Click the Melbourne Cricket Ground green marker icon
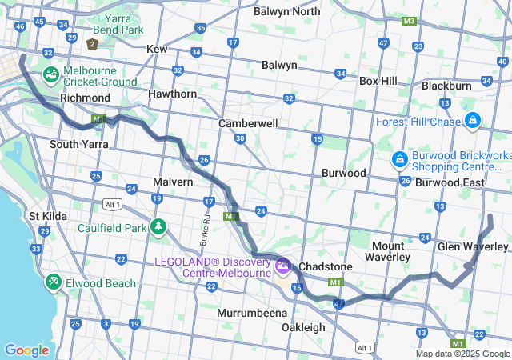(51, 74)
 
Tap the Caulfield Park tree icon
(158, 227)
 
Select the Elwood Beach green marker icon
(54, 282)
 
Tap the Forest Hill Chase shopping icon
(474, 122)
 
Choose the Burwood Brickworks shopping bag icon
(399, 160)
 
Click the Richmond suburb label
(85, 98)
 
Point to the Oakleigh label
(303, 327)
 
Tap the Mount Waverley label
(388, 251)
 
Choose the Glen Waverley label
(473, 246)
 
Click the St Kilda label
(46, 216)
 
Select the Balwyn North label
(286, 11)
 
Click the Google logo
(26, 350)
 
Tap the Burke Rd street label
(206, 230)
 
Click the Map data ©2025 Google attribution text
(462, 354)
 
